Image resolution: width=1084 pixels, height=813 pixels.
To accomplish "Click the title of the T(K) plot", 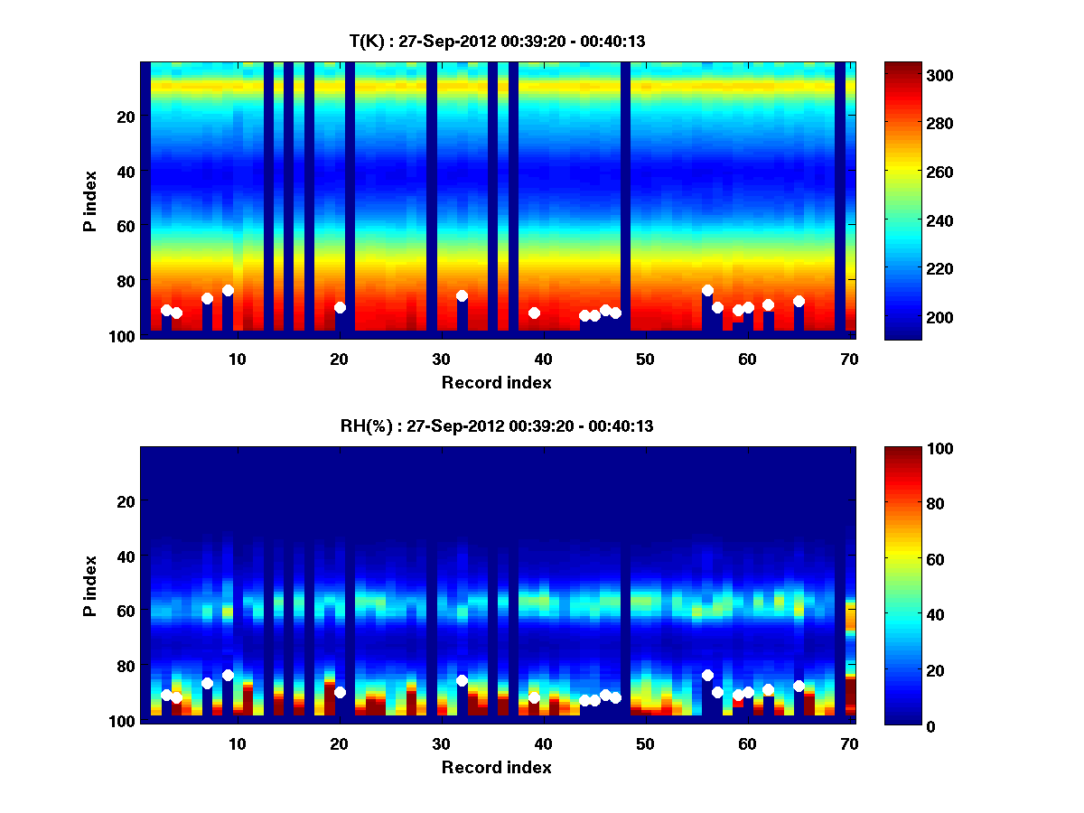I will [497, 41].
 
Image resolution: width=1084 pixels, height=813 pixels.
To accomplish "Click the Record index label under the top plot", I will [497, 382].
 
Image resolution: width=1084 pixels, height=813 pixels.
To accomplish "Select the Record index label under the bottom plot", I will [497, 767].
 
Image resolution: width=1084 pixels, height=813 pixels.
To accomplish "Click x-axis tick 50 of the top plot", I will [645, 359].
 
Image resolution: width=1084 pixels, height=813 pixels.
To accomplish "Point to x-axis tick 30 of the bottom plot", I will [441, 743].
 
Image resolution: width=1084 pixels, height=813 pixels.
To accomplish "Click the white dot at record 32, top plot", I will [462, 295].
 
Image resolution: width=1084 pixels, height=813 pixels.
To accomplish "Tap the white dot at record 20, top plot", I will [340, 307].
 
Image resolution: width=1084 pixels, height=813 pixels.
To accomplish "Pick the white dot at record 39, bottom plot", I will [534, 697].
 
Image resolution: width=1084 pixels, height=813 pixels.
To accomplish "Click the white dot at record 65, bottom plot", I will [799, 686].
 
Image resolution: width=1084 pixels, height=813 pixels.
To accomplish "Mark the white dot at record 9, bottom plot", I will [228, 675].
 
